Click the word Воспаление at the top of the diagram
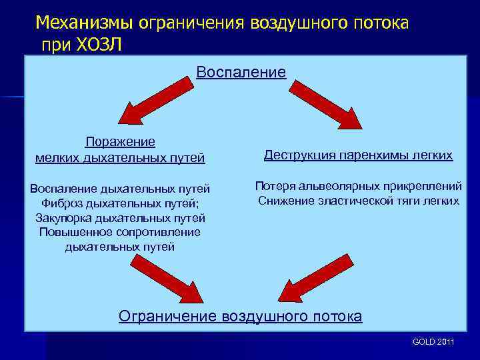point(241,72)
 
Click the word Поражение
point(120,141)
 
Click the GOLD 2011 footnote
point(433,341)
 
